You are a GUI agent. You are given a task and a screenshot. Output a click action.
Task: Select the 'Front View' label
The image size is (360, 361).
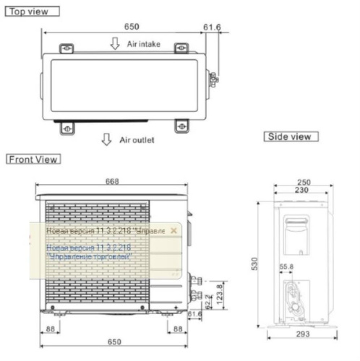click(33, 159)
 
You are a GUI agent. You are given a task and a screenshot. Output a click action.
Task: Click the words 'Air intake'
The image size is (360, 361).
click(144, 44)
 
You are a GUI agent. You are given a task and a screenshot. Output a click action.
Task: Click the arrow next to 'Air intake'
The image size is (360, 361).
click(114, 43)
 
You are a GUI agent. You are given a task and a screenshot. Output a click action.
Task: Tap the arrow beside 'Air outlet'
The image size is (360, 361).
click(107, 139)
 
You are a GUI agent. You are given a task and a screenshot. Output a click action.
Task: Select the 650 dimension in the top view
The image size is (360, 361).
click(131, 25)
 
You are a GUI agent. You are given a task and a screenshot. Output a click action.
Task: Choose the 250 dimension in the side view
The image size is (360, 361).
click(303, 183)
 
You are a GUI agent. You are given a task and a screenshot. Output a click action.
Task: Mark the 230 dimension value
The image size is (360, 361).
click(303, 191)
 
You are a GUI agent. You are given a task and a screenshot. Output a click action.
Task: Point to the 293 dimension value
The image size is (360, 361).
click(301, 336)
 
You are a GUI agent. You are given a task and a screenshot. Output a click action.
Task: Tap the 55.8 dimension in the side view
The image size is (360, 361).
click(284, 268)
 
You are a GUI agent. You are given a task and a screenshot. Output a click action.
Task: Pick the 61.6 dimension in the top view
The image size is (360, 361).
click(212, 27)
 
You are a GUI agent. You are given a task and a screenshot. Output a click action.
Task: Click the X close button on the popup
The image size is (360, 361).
click(173, 231)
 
